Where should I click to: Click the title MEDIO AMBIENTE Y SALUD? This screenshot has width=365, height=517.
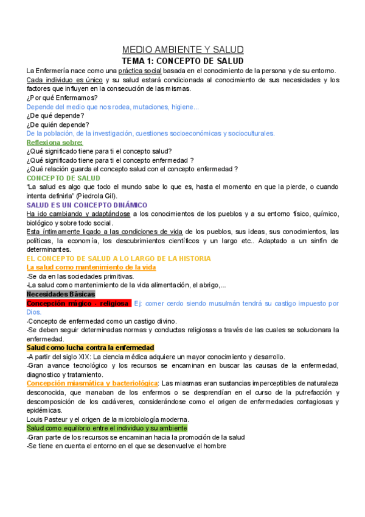[182, 50]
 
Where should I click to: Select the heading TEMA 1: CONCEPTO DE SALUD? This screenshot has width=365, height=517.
[182, 61]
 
